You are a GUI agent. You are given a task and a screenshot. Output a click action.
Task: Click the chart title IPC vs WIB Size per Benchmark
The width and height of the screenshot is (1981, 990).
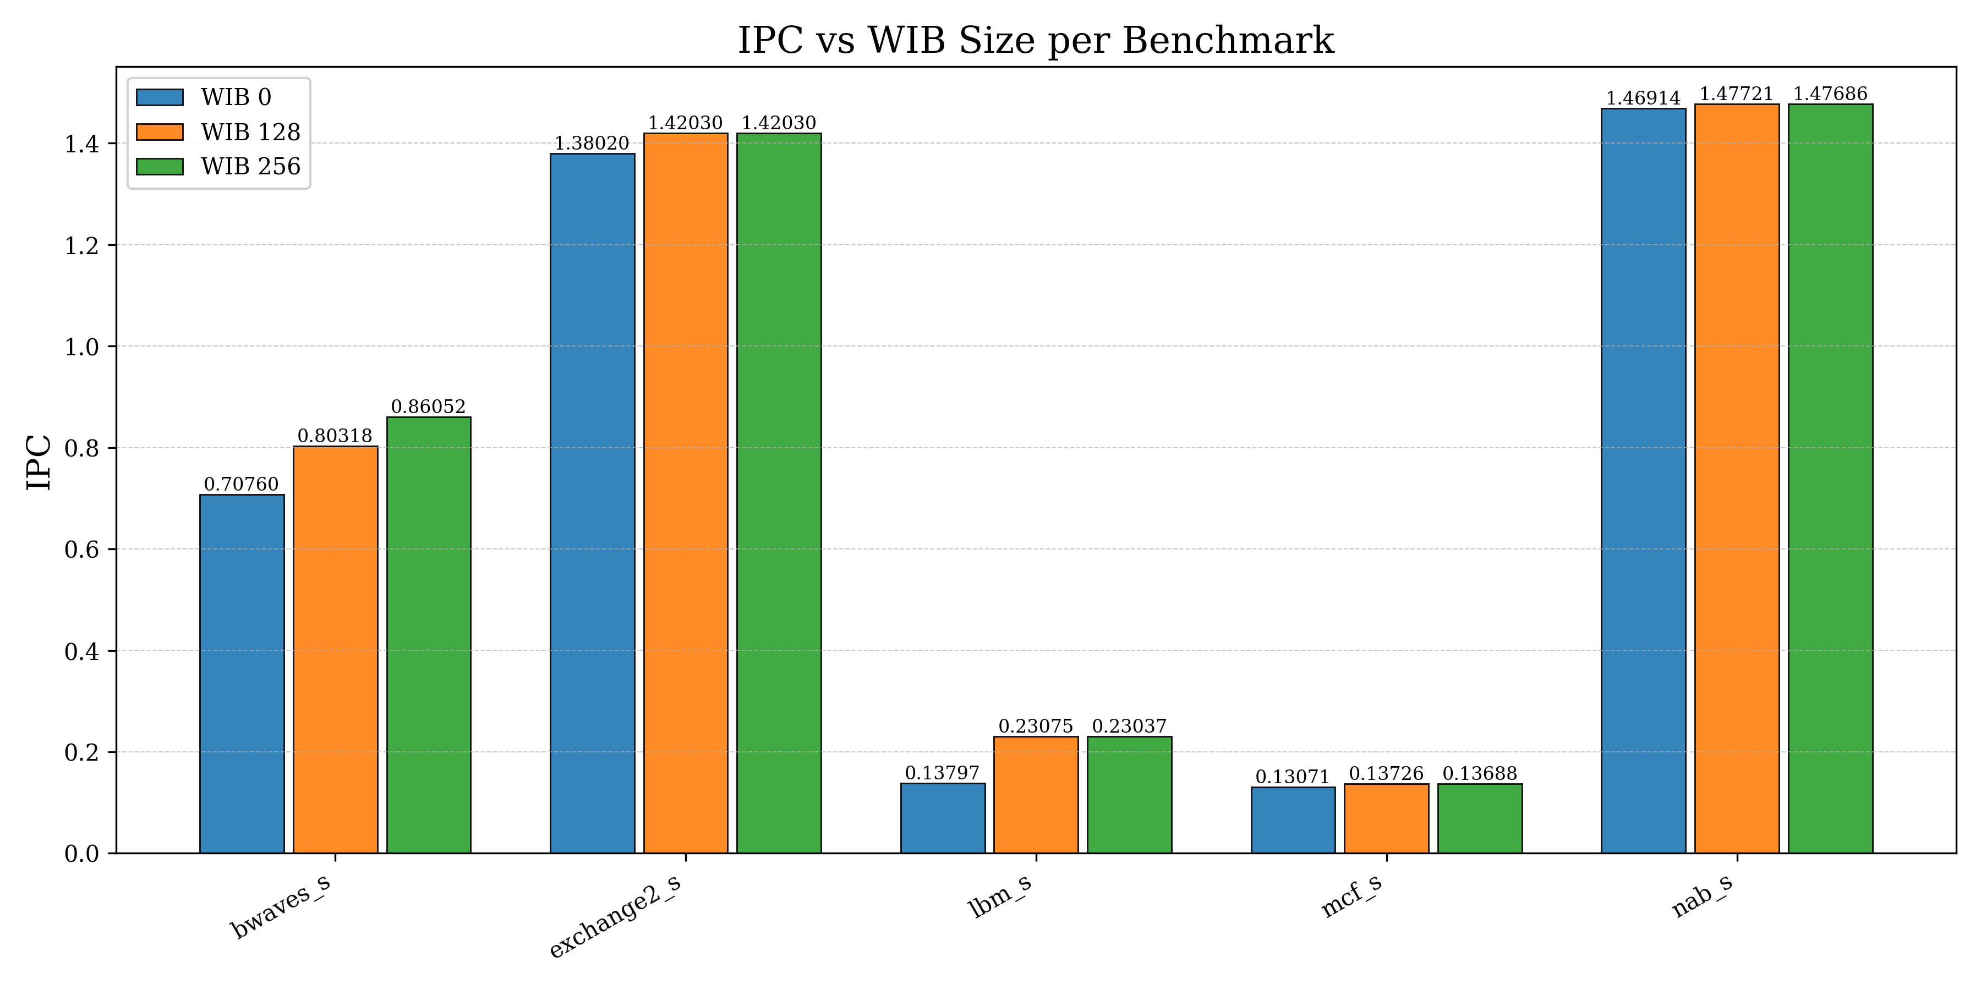[x=1035, y=40]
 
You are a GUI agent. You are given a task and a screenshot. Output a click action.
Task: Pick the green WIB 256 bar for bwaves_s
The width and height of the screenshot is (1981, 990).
[x=428, y=635]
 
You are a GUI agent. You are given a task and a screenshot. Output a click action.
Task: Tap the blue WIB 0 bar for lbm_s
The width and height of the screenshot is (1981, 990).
[x=943, y=818]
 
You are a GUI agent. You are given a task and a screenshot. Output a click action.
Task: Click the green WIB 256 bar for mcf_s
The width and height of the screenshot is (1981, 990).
[x=1480, y=818]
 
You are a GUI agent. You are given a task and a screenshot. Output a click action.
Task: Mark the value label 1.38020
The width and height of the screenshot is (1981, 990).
[x=592, y=144]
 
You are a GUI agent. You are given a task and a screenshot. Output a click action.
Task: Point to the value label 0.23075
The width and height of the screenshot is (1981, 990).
[x=1035, y=727]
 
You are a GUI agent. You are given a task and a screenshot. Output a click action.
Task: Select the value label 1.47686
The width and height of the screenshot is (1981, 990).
[x=1830, y=94]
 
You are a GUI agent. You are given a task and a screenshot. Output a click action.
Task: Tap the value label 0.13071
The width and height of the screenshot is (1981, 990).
[x=1292, y=777]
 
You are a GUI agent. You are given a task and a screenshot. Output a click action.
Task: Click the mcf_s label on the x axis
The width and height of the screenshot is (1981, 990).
[x=1351, y=897]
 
